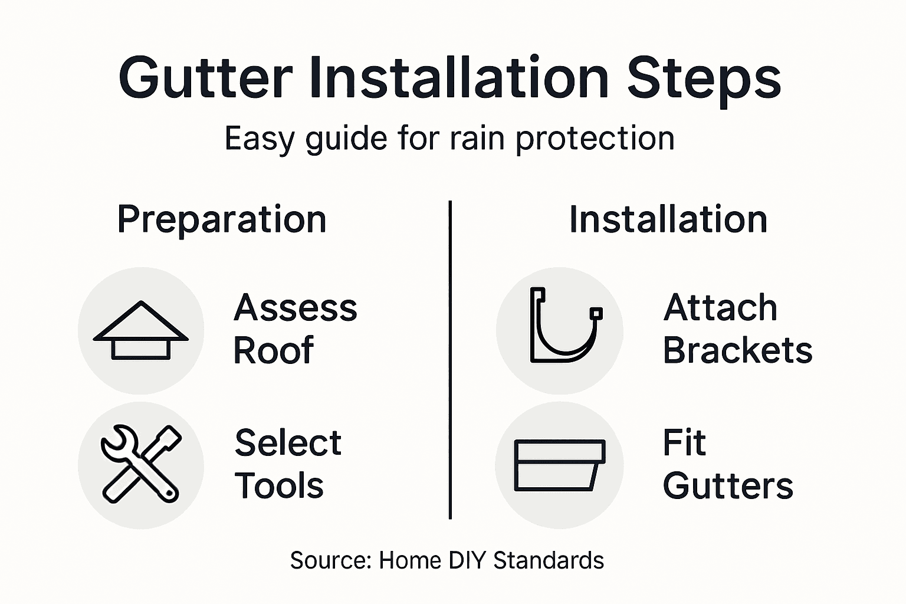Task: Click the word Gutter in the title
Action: click(205, 78)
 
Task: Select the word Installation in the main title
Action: click(459, 78)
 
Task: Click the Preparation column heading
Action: click(222, 220)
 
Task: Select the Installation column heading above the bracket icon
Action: click(668, 220)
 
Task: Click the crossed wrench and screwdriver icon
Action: click(141, 464)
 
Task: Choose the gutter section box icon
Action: click(559, 465)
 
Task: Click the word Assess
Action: click(296, 308)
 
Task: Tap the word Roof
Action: click(273, 351)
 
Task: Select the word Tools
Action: click(279, 486)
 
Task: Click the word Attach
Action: click(720, 308)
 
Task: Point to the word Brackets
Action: click(737, 351)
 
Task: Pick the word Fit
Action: click(684, 443)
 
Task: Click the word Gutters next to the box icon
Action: click(728, 486)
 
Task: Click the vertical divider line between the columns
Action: click(450, 360)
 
